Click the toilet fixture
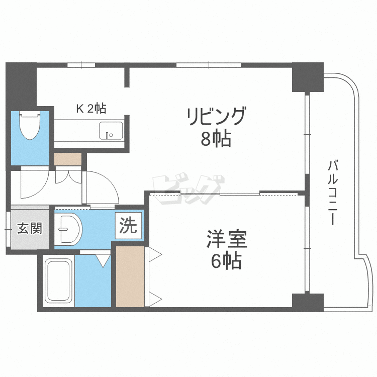point(30,126)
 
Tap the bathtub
point(59,281)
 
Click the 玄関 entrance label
point(30,229)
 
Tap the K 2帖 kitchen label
point(90,108)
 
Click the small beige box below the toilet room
point(67,159)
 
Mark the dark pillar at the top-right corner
point(307,76)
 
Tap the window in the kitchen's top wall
point(81,65)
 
